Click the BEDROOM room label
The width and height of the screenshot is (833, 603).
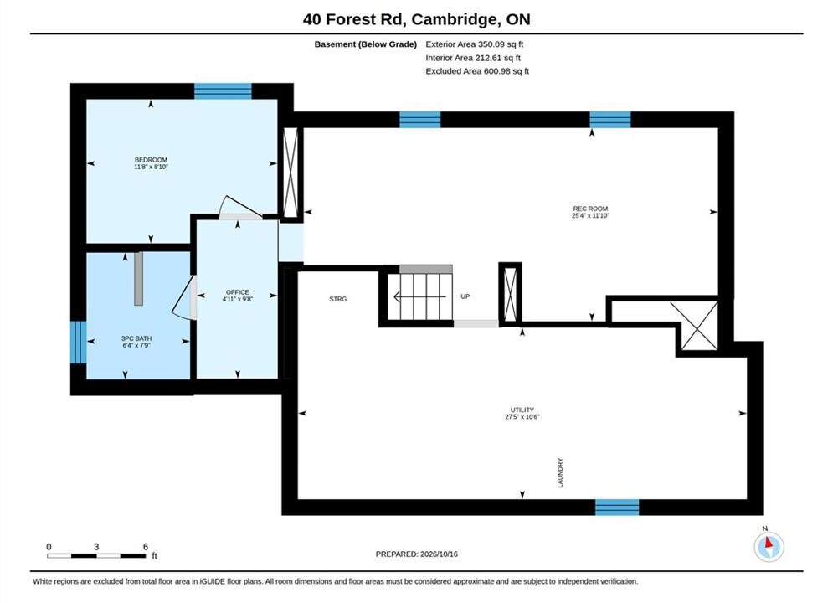coord(151,160)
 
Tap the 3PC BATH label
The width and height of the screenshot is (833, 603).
coord(136,338)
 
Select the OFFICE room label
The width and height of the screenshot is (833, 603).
coord(238,292)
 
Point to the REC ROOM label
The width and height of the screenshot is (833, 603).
coord(590,209)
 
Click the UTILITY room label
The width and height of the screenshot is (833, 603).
coord(522,410)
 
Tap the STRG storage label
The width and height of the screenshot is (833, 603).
coord(338,299)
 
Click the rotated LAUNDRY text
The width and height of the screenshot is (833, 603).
coord(560,473)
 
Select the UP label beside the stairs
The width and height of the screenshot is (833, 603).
coord(465,296)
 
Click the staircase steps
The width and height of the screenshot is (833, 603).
coord(419,296)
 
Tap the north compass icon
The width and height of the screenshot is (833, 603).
coord(769,546)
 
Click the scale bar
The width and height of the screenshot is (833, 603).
coord(96,556)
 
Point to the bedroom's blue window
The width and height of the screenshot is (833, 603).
coord(223,91)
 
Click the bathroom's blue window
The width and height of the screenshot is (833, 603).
coord(79,343)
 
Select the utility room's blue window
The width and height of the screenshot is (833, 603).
coord(617,508)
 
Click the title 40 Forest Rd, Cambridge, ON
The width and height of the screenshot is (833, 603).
coord(417,19)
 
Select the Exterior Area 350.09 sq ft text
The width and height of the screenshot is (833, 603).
coord(475,44)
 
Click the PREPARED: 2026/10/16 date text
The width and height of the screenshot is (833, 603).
coord(417,554)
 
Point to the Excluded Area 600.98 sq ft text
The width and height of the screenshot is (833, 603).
coord(477,70)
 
